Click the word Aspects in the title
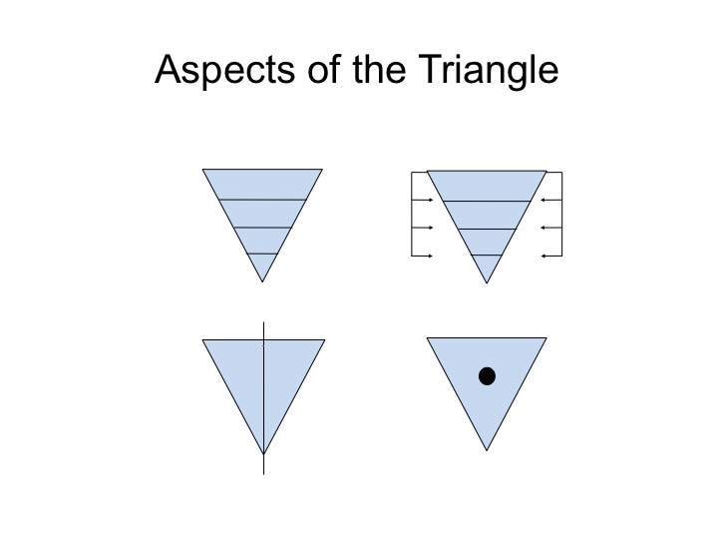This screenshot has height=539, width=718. click(x=224, y=70)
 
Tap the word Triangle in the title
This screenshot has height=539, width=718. click(x=488, y=70)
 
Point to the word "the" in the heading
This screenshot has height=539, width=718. click(x=380, y=69)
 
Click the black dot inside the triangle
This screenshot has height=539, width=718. click(x=487, y=376)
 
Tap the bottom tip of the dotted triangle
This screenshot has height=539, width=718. click(x=487, y=450)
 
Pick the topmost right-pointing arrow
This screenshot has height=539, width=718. click(x=422, y=200)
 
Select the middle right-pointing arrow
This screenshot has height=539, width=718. click(x=422, y=228)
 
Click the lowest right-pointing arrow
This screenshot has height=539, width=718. click(x=422, y=256)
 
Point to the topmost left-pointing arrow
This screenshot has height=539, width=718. click(x=551, y=200)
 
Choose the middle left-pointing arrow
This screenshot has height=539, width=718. click(x=551, y=228)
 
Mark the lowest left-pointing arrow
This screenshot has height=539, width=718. click(x=551, y=256)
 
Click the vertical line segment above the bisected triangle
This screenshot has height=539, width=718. click(x=263, y=331)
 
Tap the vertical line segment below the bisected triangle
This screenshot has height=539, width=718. click(x=263, y=464)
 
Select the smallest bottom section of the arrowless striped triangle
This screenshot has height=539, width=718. click(x=262, y=265)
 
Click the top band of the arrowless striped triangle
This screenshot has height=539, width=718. click(x=262, y=185)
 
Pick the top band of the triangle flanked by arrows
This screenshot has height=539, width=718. click(x=487, y=186)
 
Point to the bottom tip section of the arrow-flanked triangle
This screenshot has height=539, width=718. click(x=487, y=266)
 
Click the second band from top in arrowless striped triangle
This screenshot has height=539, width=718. click(x=262, y=214)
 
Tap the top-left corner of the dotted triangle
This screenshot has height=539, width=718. click(x=427, y=337)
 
